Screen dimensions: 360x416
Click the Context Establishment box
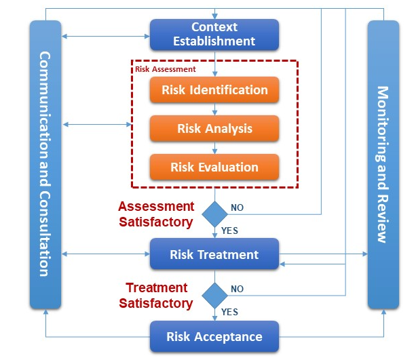214,34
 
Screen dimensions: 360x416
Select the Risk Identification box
214,89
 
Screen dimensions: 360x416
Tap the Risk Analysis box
214,128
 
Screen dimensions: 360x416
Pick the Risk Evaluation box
214,167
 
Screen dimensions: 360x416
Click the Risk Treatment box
214,255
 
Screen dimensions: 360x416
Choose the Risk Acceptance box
214,336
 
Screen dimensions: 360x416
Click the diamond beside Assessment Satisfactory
214,213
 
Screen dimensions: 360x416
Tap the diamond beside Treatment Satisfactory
214,295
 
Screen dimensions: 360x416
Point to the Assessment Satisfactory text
156,214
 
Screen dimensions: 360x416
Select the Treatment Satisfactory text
156,296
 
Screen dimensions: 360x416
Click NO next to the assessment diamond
238,207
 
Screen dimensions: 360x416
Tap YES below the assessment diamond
229,231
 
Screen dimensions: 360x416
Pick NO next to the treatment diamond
238,289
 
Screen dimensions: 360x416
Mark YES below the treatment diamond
229,312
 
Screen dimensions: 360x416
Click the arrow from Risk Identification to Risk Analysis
214,109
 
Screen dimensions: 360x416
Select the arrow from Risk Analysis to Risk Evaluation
214,148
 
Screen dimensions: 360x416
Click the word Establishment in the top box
214,41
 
